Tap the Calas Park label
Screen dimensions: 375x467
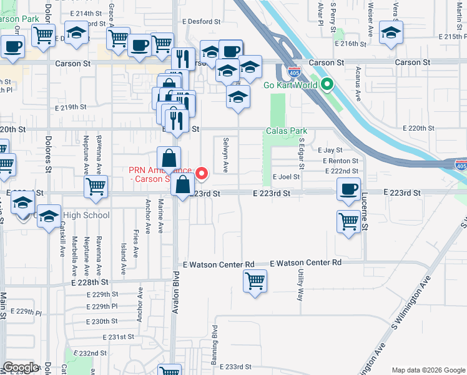point(287,131)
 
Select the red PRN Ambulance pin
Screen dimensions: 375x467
point(201,172)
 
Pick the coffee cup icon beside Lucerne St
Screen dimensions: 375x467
point(349,188)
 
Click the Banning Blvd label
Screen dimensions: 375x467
point(215,341)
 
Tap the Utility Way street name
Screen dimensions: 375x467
point(301,285)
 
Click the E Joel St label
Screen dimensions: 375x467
point(286,177)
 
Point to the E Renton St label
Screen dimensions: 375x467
point(340,161)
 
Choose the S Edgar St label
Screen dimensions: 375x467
point(301,155)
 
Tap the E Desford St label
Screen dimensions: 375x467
point(202,21)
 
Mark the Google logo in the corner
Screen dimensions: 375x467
point(21,367)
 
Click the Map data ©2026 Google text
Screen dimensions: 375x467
point(428,370)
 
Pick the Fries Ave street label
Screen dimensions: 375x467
point(136,244)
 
